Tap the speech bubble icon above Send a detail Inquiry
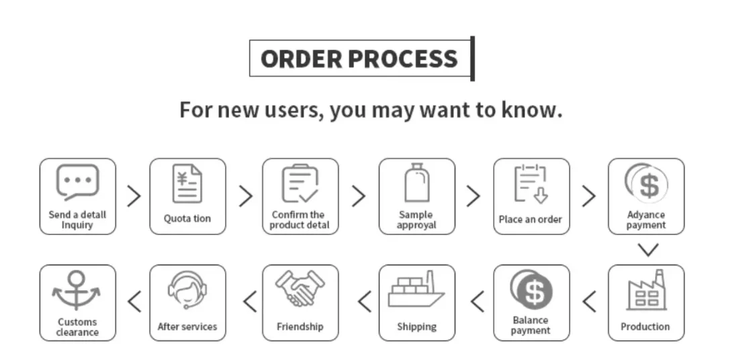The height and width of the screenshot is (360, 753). [77, 183]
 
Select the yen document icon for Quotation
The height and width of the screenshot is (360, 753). [187, 183]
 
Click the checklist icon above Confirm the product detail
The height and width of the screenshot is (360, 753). [300, 183]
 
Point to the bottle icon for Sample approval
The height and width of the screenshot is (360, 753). [416, 183]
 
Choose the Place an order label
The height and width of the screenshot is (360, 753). [530, 219]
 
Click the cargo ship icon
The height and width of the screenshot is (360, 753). [416, 290]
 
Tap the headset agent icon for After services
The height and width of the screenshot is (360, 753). [187, 290]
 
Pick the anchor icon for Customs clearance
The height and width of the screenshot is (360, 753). [77, 290]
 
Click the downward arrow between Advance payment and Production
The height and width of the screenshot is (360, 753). [648, 250]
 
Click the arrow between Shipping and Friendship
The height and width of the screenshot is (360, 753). [364, 302]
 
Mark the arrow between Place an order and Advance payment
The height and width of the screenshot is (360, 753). [588, 196]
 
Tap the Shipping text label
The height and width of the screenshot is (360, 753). [416, 326]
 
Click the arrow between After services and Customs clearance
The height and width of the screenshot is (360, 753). [134, 302]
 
